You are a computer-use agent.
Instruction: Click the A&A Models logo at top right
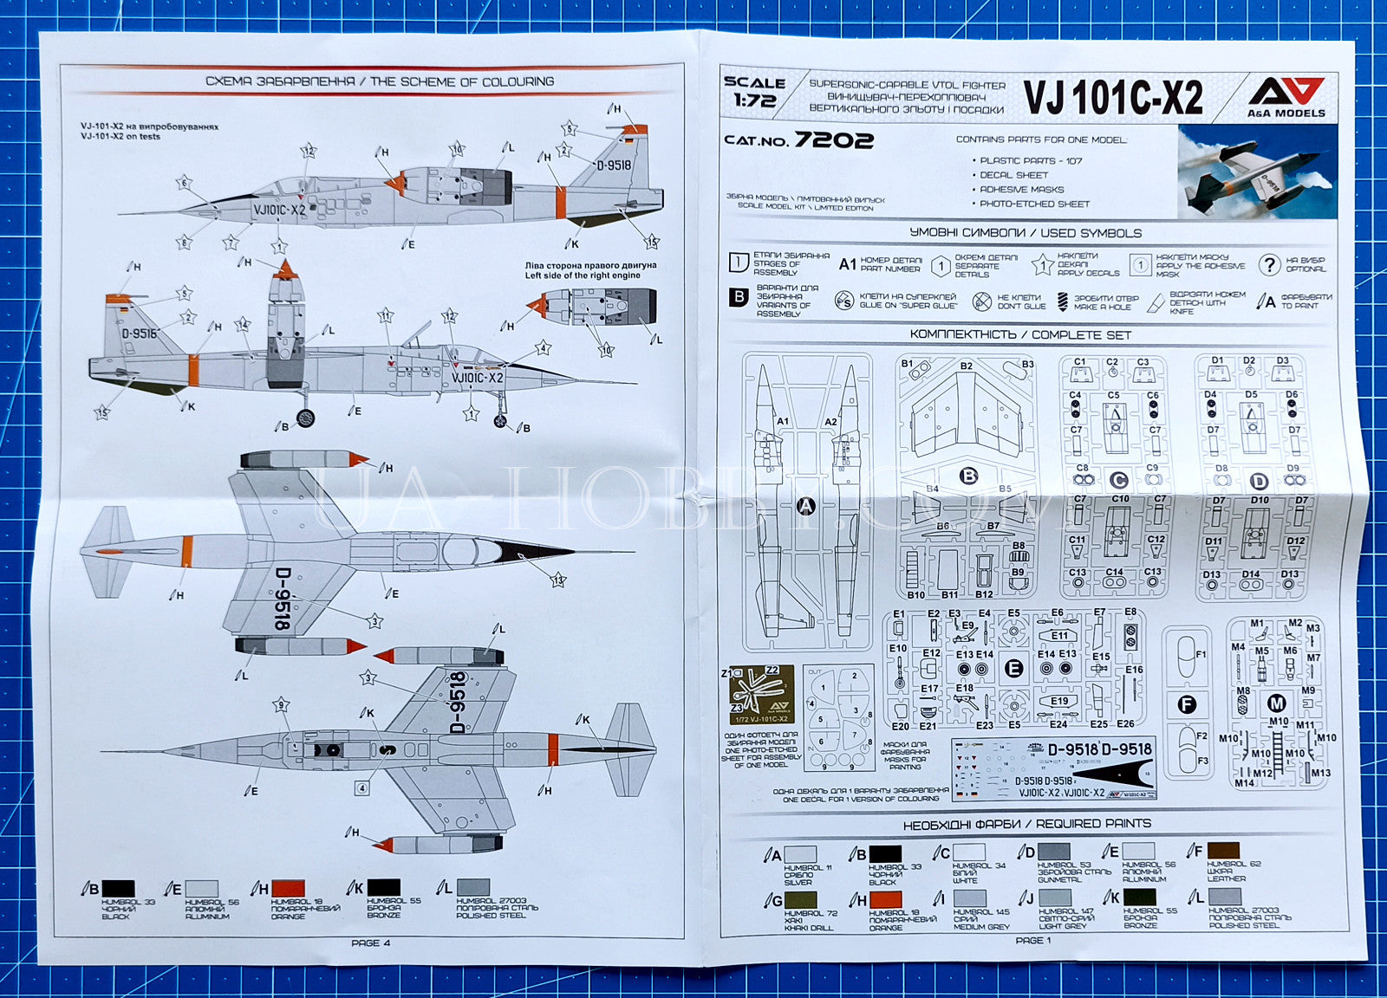pyautogui.click(x=1286, y=95)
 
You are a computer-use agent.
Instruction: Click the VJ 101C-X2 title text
pyautogui.click(x=1113, y=98)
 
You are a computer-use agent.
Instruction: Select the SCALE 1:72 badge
pyautogui.click(x=754, y=91)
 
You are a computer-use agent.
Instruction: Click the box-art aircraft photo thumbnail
pyautogui.click(x=1257, y=172)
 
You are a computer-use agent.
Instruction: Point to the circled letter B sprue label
pyautogui.click(x=968, y=476)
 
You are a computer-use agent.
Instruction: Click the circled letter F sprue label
pyautogui.click(x=1187, y=704)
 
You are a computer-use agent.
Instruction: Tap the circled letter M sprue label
pyautogui.click(x=1276, y=703)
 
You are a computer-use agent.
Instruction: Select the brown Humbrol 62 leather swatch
pyautogui.click(x=1222, y=851)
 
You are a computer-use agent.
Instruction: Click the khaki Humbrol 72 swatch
pyautogui.click(x=800, y=900)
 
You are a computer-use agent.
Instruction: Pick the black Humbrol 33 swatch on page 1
pyautogui.click(x=884, y=853)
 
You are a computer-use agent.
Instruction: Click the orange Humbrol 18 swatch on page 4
pyautogui.click(x=288, y=888)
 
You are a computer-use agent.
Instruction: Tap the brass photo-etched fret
pyautogui.click(x=762, y=694)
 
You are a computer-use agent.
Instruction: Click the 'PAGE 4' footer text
pyautogui.click(x=370, y=943)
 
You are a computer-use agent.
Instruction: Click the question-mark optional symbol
pyautogui.click(x=1269, y=265)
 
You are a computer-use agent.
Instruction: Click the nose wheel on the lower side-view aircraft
pyautogui.click(x=500, y=421)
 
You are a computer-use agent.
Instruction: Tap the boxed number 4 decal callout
pyautogui.click(x=362, y=787)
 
